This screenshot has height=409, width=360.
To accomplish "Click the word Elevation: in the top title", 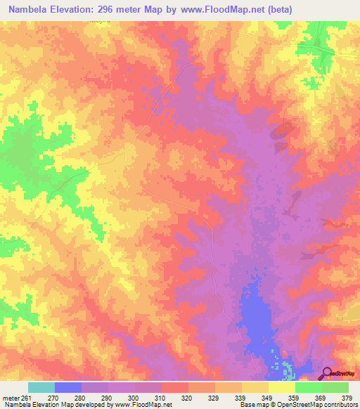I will tap(82, 10).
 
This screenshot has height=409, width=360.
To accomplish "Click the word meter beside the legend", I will tap(11, 398).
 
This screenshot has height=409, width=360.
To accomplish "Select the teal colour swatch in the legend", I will tap(41, 387).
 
